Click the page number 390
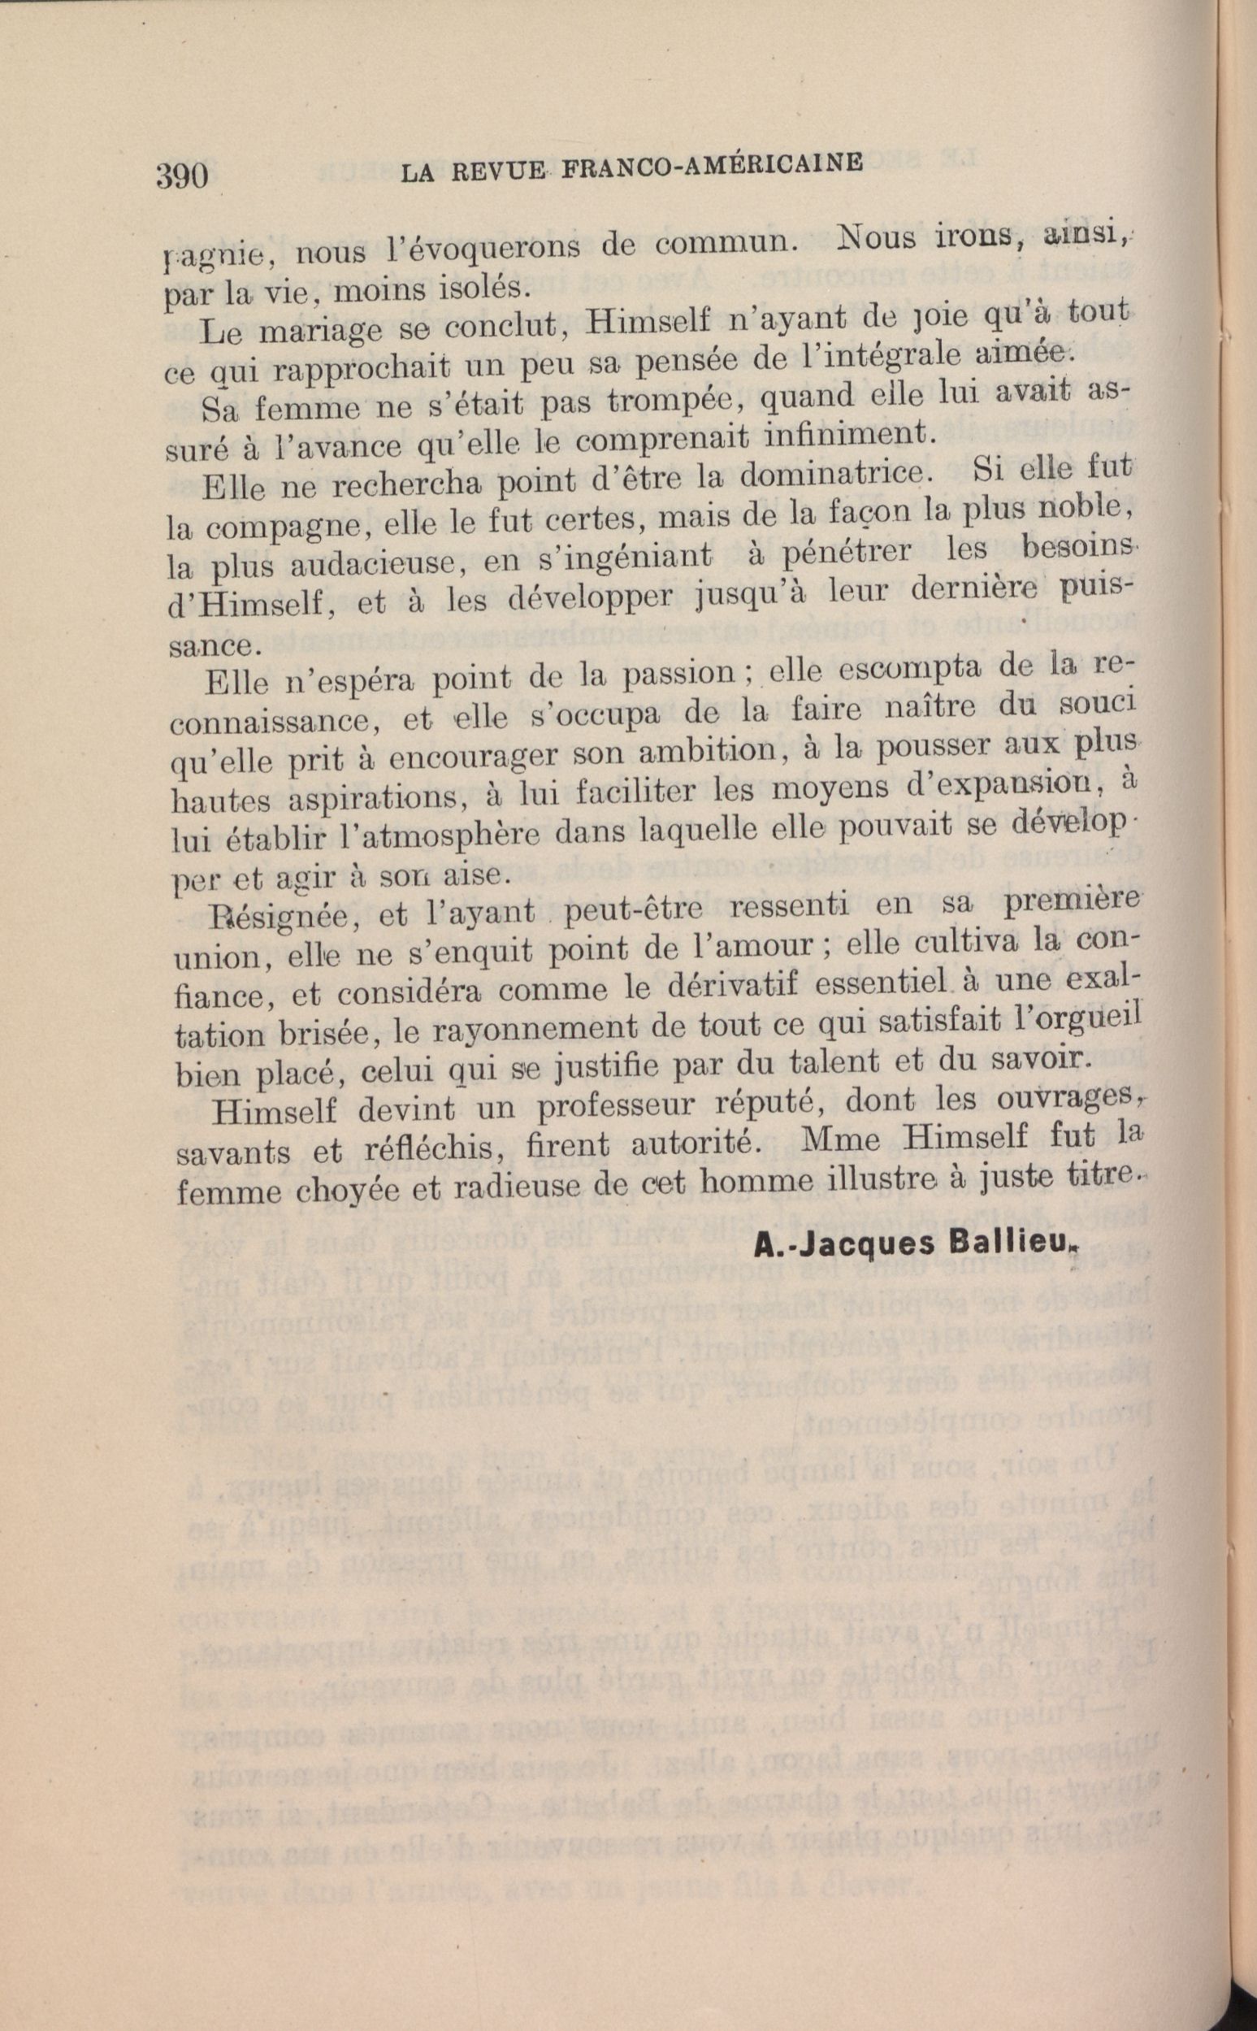pyautogui.click(x=181, y=176)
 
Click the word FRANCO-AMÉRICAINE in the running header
pyautogui.click(x=712, y=167)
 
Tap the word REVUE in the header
pyautogui.click(x=496, y=171)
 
